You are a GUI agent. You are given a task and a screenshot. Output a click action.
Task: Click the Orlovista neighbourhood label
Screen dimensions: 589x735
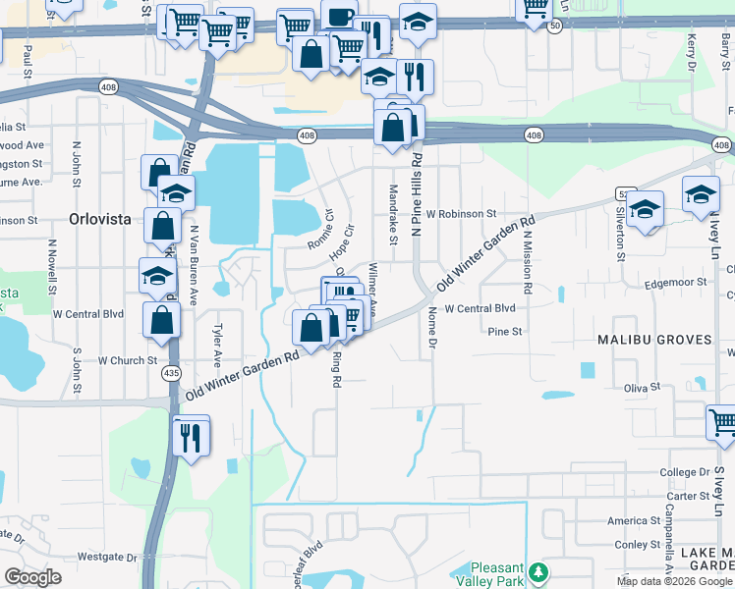click(99, 219)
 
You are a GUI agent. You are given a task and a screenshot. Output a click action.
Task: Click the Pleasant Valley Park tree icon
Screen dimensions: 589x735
click(537, 571)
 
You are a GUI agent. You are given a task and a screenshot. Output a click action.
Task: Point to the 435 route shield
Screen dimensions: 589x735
click(172, 374)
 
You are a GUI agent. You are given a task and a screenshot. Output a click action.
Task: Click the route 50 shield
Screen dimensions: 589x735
click(556, 28)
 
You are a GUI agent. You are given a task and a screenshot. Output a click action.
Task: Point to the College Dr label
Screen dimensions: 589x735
click(684, 472)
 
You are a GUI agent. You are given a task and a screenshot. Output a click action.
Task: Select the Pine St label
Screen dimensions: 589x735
click(504, 332)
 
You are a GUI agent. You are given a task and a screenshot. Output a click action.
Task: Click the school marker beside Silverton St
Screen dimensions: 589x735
click(646, 209)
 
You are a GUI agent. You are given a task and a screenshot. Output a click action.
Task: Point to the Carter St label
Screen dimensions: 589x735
click(688, 497)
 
